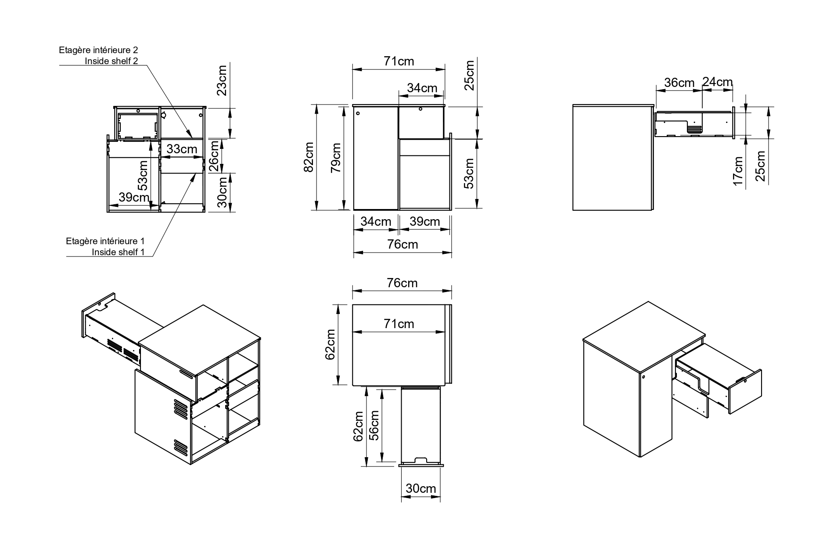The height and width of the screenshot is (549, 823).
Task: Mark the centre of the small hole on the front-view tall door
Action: pos(358,113)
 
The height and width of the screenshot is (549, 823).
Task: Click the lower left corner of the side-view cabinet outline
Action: pos(573,210)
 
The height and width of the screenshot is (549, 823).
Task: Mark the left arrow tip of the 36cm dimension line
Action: pos(655,91)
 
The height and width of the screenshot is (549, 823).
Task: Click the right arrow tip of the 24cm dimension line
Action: pos(733,91)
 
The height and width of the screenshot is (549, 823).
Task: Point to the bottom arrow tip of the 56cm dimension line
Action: pos(383,462)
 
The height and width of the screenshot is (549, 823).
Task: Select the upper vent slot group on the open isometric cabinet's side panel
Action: pos(180,407)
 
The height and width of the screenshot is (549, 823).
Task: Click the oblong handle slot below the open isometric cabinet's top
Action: pos(186,374)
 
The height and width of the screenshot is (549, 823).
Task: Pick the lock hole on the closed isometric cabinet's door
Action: pos(643,376)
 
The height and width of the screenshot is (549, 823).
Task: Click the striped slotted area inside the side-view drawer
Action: pos(694,130)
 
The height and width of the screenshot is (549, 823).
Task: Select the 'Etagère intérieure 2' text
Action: pos(98,50)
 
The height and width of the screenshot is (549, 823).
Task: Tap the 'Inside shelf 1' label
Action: pos(118,252)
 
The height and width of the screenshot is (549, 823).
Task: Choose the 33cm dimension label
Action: pos(182,149)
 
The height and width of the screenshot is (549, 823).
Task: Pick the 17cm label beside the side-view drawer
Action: pos(739,171)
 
